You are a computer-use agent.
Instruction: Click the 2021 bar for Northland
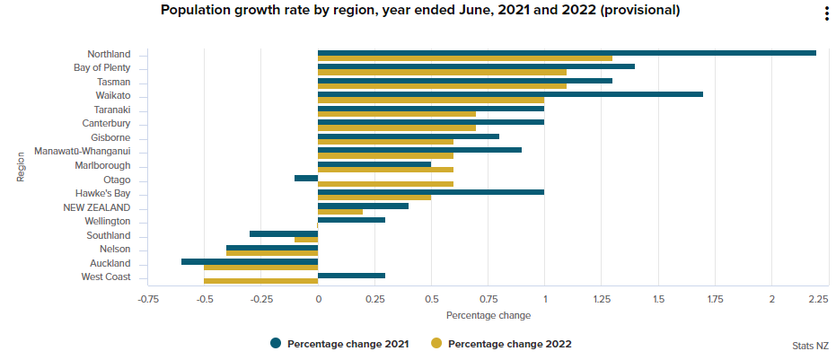[x=566, y=52]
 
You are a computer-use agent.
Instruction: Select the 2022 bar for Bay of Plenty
[x=442, y=72]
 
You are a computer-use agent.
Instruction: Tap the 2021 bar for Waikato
[x=510, y=94]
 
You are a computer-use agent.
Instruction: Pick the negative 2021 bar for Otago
[x=306, y=178]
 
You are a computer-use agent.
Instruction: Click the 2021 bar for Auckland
[x=250, y=261]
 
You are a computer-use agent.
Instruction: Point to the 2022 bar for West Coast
[x=261, y=281]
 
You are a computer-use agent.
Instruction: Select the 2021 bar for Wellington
[x=351, y=219]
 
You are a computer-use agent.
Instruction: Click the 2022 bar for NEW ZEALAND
[x=340, y=212]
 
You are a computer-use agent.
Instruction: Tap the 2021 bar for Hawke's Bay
[x=431, y=191]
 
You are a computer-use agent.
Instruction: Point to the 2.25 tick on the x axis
[x=816, y=299]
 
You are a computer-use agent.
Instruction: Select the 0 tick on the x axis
[x=318, y=299]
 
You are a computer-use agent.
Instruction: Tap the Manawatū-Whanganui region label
[x=82, y=151]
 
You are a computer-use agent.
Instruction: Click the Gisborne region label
[x=110, y=137]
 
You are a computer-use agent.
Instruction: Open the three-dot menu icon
[x=826, y=13]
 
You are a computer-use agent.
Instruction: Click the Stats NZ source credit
[x=810, y=346]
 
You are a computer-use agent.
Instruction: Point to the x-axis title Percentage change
[x=488, y=315]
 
